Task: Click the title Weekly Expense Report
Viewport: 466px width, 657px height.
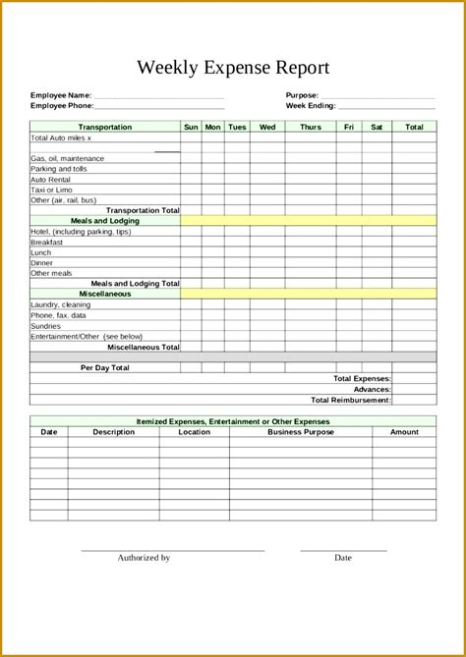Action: [x=233, y=68]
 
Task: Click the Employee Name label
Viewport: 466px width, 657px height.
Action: [x=61, y=95]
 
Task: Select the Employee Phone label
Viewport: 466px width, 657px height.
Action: [x=62, y=105]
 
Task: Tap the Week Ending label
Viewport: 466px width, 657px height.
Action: [x=311, y=105]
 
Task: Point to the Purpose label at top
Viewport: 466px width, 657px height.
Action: [x=302, y=95]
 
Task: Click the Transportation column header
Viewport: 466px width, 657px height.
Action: [x=105, y=127]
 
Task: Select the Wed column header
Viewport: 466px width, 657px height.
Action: [x=267, y=127]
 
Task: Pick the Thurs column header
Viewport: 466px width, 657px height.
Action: [x=310, y=127]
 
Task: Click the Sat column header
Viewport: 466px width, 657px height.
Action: [x=377, y=127]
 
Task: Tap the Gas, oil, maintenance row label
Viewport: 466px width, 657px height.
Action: [x=67, y=158]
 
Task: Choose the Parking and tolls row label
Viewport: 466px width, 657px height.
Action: [x=59, y=169]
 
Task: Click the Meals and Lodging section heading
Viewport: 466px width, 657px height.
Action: [x=105, y=221]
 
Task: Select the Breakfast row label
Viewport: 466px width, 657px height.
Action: [x=47, y=242]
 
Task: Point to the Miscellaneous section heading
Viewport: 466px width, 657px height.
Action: [x=105, y=294]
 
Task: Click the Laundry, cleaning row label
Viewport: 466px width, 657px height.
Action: [x=60, y=304]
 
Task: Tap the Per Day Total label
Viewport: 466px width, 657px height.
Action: [x=105, y=367]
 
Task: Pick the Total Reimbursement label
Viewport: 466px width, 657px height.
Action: [x=351, y=400]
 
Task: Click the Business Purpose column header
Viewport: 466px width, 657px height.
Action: [x=301, y=431]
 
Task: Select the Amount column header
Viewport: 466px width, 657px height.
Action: [x=404, y=431]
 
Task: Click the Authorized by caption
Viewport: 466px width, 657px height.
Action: [x=145, y=558]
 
